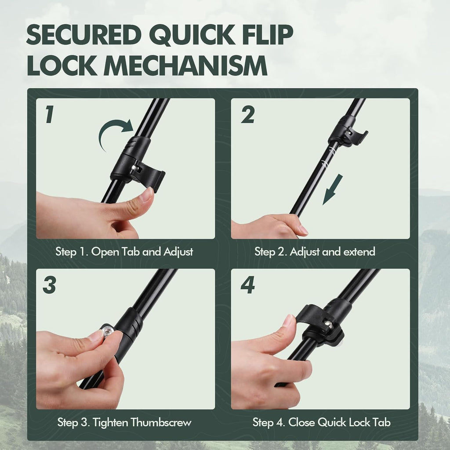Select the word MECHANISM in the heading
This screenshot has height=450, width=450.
[185, 66]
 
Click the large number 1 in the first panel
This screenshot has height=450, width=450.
[49, 114]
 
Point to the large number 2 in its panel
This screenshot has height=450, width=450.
[248, 114]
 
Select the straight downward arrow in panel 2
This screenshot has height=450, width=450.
[333, 189]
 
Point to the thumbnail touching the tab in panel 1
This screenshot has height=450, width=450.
[147, 194]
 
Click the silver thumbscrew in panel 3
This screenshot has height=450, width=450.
[107, 332]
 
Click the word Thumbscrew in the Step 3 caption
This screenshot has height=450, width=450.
[161, 422]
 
